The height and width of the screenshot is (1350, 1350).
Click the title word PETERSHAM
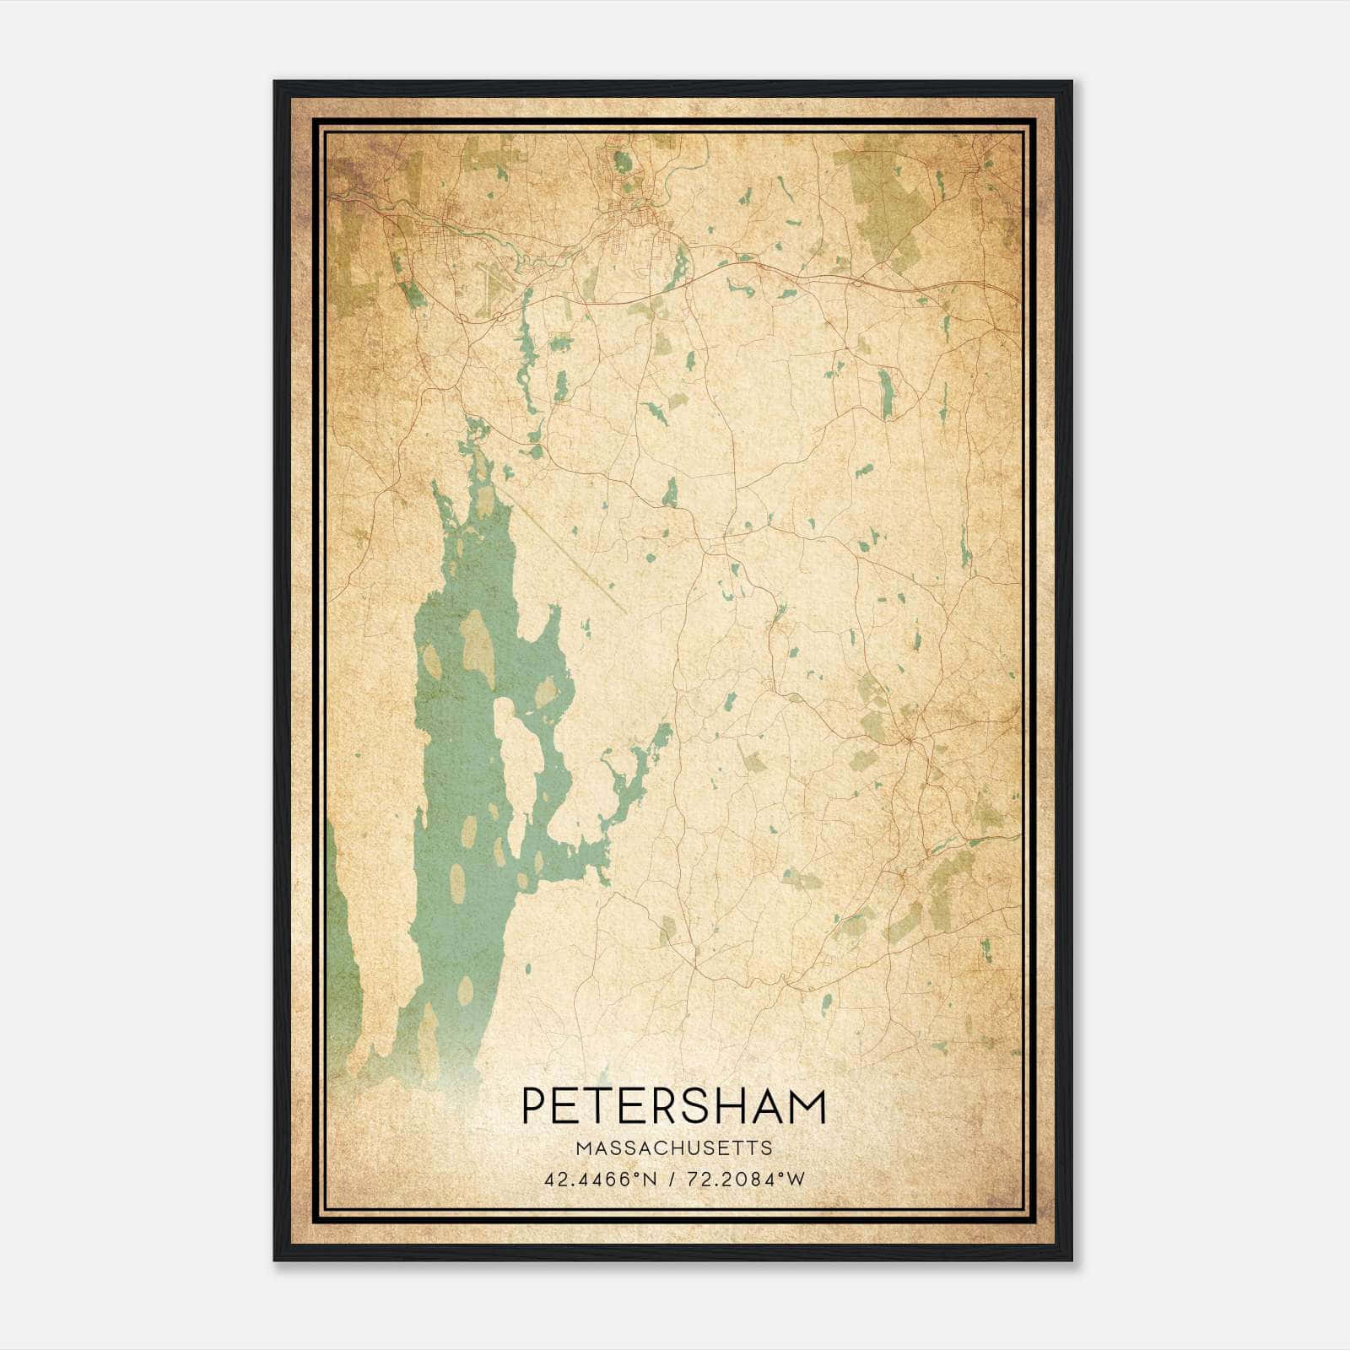[x=674, y=1106]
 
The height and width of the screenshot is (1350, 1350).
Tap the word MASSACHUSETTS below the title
[x=674, y=1147]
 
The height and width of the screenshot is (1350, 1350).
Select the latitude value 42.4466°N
[x=600, y=1179]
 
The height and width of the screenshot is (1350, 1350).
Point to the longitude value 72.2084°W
[x=746, y=1179]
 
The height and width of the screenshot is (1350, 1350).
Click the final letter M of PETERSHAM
[x=807, y=1106]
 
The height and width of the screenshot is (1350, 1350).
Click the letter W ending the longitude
[x=795, y=1179]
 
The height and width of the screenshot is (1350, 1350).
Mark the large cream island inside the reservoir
[x=516, y=764]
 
